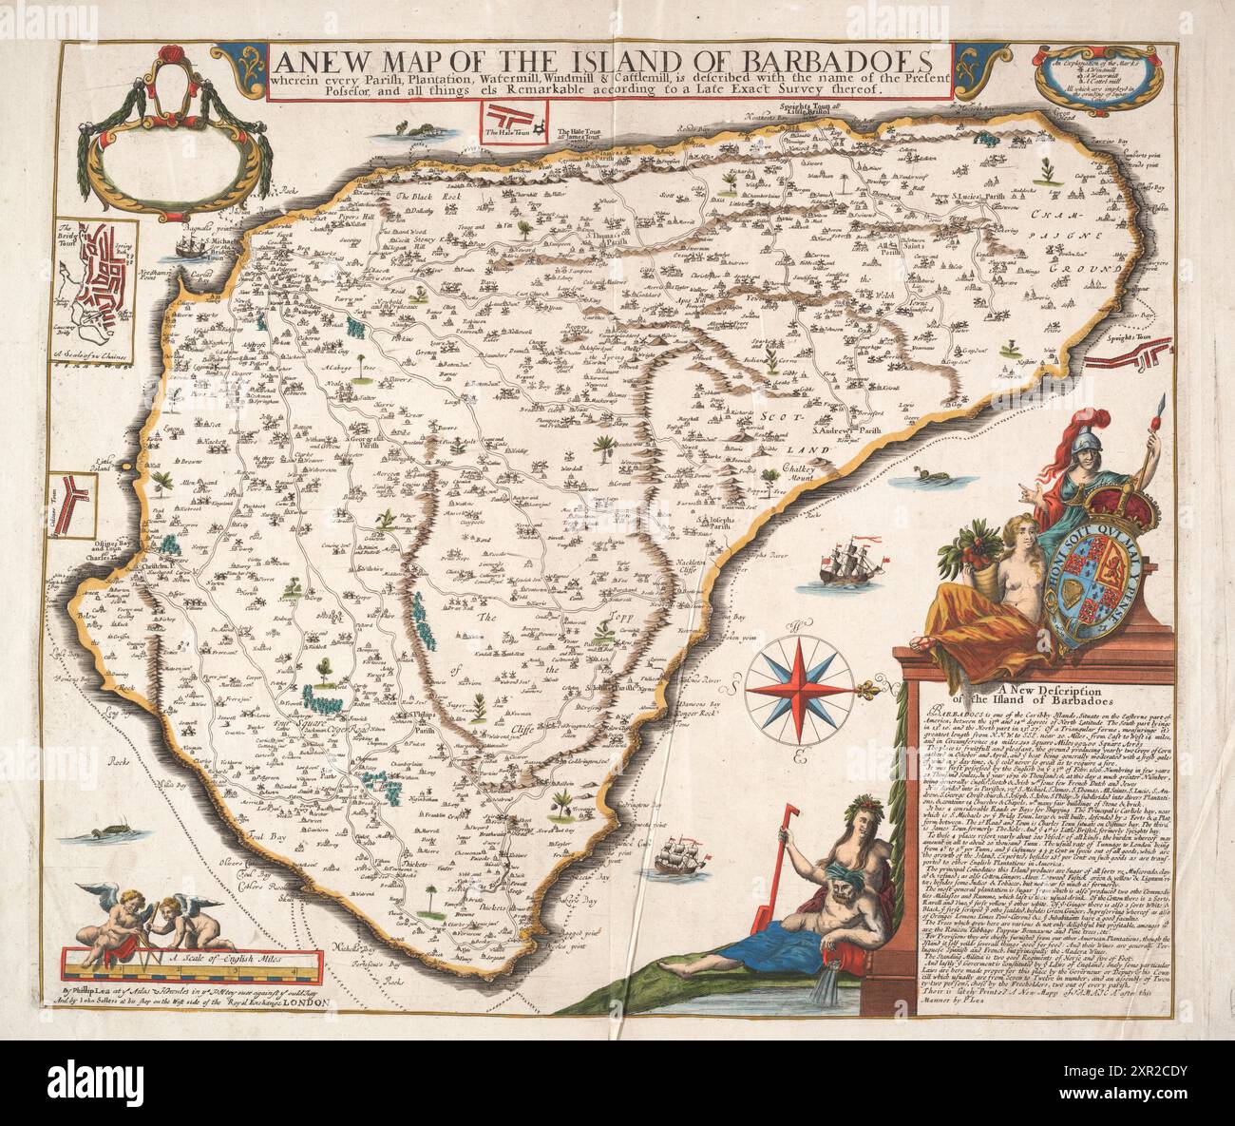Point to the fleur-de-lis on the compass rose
tap(867, 685)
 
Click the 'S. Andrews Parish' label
tap(840, 430)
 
